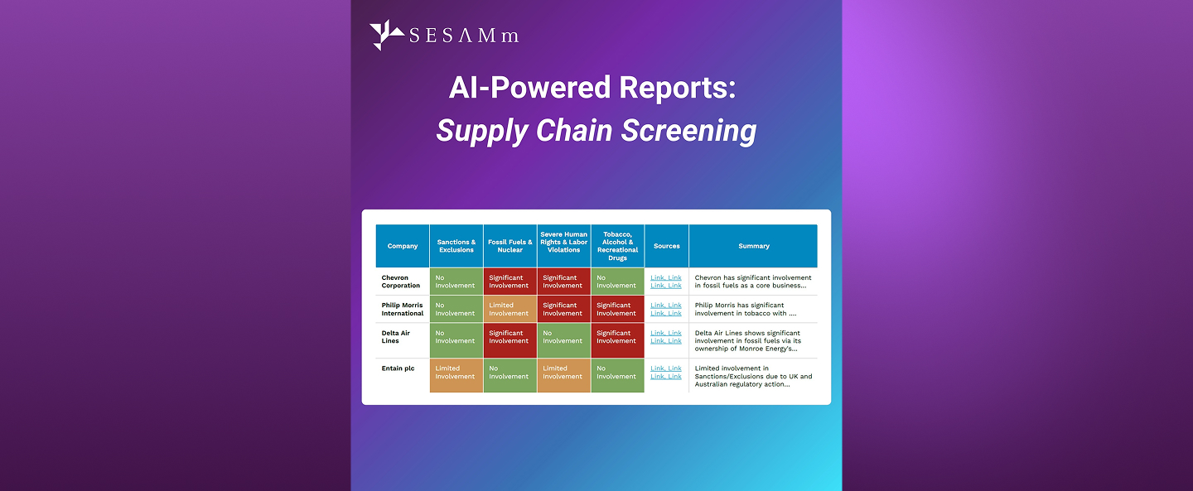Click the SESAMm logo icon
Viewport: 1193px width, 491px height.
point(387,35)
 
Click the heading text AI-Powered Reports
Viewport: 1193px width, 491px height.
point(592,88)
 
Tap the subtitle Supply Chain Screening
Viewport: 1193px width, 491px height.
point(596,131)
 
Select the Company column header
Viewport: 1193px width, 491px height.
point(403,246)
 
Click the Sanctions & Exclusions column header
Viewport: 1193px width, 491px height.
point(456,246)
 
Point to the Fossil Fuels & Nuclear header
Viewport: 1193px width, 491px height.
point(510,246)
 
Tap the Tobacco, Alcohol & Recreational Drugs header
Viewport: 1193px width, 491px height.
point(617,246)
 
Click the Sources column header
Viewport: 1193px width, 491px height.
point(666,246)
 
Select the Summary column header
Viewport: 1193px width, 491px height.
point(753,246)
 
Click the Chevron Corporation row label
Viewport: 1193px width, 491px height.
point(401,282)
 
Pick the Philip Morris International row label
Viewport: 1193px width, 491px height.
point(403,310)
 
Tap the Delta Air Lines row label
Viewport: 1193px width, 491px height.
point(396,337)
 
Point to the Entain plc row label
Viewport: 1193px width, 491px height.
point(398,368)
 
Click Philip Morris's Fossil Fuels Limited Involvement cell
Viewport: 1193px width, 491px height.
point(510,310)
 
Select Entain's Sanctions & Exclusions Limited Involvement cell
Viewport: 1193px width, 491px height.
point(456,373)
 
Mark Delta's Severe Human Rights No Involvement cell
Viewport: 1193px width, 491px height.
point(563,337)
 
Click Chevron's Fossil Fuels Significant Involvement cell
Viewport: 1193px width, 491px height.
point(510,282)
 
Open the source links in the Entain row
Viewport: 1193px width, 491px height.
point(666,373)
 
